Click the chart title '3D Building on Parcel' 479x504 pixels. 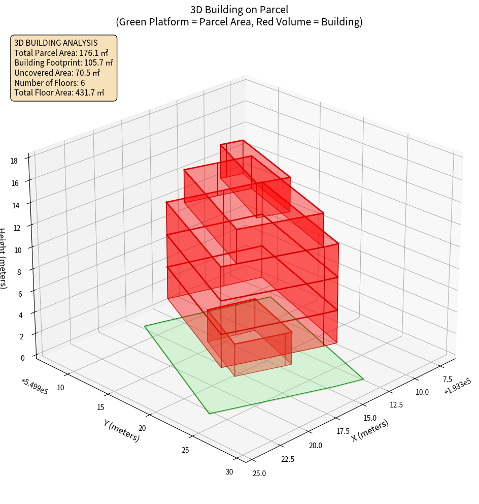(x=239, y=9)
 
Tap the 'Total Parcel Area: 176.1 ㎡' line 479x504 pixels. (x=61, y=53)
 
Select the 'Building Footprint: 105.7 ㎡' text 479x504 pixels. (x=63, y=63)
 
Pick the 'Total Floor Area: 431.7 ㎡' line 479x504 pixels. (x=59, y=92)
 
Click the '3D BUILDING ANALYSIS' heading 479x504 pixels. (x=56, y=43)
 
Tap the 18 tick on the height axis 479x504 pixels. (x=14, y=161)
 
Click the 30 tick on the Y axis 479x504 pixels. (x=229, y=472)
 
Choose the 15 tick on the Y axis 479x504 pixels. (x=100, y=407)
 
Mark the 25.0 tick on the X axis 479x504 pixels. (x=259, y=474)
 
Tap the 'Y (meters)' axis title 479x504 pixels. (x=121, y=430)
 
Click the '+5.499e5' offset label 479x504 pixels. (x=35, y=387)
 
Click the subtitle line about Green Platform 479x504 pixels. (x=239, y=22)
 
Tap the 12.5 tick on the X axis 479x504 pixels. (x=396, y=404)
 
